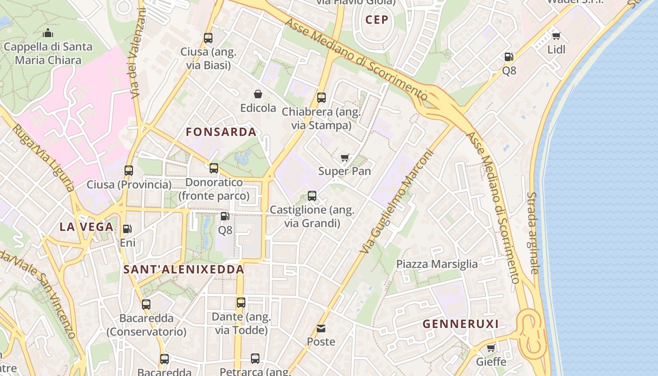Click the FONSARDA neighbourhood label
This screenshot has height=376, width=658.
coord(221,132)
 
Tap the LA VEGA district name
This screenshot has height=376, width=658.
coord(86,227)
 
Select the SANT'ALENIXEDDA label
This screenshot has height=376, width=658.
coord(184,269)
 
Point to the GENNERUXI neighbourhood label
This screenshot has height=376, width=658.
coord(461,324)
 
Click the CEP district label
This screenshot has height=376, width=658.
coord(377,20)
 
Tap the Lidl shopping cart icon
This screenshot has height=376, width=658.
coord(556,36)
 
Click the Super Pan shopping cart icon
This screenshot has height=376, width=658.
coord(345,157)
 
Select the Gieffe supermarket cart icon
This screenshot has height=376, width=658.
coord(491,348)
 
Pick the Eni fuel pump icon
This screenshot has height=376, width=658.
coord(127,229)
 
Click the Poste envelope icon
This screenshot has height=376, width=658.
coord(321,328)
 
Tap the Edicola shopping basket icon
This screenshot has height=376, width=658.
coord(258,94)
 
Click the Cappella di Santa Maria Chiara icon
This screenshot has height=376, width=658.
coord(48,33)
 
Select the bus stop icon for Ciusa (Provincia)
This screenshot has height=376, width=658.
coord(129,171)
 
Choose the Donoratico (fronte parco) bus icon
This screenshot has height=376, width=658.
coord(214,168)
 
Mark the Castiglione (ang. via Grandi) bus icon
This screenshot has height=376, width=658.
coord(312,196)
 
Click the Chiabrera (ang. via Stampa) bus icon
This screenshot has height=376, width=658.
coord(321,98)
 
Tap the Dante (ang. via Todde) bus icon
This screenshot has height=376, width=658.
coord(241,303)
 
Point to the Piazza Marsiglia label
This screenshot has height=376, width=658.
coord(437,264)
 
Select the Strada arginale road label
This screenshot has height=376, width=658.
coord(533,233)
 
